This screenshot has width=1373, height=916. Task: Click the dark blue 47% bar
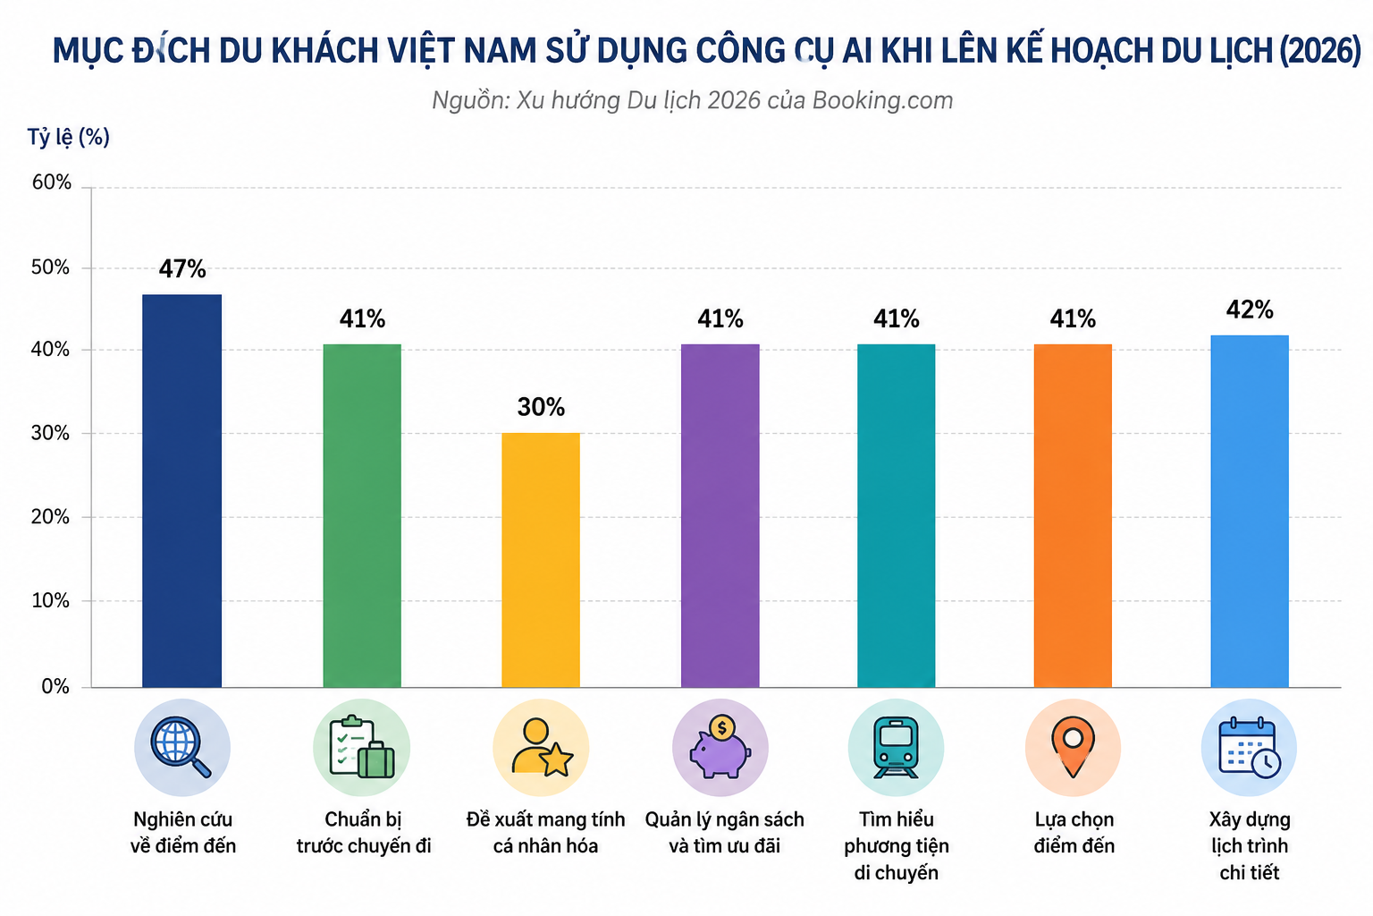(x=182, y=491)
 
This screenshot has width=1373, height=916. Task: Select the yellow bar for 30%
(x=541, y=560)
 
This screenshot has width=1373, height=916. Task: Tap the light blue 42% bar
(x=1250, y=511)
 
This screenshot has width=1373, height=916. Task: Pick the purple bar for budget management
(x=720, y=515)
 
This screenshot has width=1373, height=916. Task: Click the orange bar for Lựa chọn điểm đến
(x=1073, y=515)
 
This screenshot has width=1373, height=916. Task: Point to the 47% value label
(x=182, y=268)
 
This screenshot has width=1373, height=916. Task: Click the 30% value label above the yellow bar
(x=541, y=407)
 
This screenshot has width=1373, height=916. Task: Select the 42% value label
(x=1250, y=310)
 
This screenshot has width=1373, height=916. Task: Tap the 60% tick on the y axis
(x=52, y=182)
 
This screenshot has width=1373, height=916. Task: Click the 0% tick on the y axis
(x=55, y=686)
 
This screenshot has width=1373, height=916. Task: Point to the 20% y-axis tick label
(x=51, y=517)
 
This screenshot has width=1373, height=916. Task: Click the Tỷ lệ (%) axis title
(x=69, y=137)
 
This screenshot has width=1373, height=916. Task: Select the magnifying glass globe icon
(x=181, y=747)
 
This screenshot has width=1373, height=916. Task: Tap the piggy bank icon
(x=720, y=747)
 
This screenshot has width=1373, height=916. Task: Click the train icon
(x=897, y=747)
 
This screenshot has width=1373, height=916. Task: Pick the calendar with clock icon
(x=1249, y=747)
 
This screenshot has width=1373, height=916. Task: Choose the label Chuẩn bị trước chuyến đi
(x=364, y=833)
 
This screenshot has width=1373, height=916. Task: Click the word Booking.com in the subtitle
(x=882, y=100)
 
